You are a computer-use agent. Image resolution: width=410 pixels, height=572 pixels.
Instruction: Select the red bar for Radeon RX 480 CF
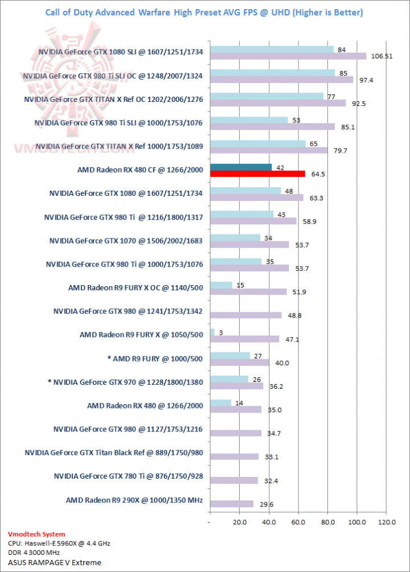click(x=257, y=174)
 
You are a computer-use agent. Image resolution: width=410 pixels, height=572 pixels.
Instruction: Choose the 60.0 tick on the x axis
click(x=298, y=522)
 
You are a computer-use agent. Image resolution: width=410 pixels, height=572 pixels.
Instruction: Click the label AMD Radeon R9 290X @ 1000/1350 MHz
click(x=134, y=500)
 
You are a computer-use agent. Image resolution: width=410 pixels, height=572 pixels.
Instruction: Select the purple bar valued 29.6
click(x=231, y=504)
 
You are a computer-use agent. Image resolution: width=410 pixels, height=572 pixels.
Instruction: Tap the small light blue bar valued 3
click(x=212, y=332)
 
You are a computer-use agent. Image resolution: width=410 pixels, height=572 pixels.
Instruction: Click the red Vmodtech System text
click(x=36, y=534)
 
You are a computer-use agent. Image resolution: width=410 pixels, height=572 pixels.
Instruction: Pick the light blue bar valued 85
click(x=272, y=72)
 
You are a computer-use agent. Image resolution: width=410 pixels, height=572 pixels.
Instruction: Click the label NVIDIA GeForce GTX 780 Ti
click(x=128, y=476)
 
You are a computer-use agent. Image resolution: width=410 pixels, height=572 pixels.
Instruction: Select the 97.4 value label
click(x=365, y=80)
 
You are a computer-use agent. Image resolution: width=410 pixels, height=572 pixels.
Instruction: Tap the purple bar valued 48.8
click(x=245, y=315)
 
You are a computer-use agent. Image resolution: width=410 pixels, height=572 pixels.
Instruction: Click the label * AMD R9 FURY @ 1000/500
click(x=155, y=359)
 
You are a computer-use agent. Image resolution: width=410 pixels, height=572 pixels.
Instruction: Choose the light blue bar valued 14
click(x=220, y=402)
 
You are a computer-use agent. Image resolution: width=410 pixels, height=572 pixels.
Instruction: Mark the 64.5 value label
click(x=318, y=174)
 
